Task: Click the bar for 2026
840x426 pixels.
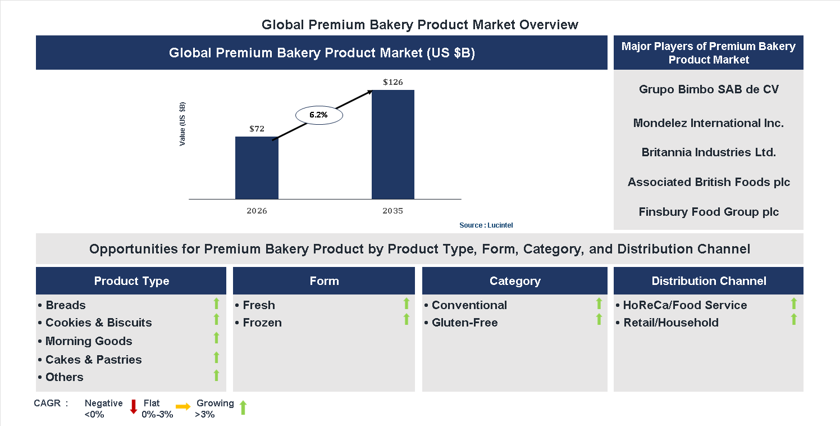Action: (x=257, y=167)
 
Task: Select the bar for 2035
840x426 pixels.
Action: (x=393, y=144)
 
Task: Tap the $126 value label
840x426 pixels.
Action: (x=393, y=82)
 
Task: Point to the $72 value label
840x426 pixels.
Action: (x=257, y=129)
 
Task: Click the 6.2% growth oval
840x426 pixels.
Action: (x=319, y=115)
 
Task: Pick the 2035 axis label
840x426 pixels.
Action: (x=393, y=211)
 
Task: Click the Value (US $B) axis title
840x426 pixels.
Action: (x=182, y=124)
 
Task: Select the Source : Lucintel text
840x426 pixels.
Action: (x=486, y=225)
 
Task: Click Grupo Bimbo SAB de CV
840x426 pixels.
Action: (x=709, y=89)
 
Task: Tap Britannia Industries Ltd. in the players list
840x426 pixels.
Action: (x=709, y=152)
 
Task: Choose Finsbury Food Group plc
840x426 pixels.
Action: (x=709, y=212)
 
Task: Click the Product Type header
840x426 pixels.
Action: (x=131, y=281)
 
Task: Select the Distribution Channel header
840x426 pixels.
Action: (x=709, y=281)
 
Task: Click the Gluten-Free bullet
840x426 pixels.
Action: (x=464, y=323)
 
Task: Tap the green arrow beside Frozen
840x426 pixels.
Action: (x=407, y=319)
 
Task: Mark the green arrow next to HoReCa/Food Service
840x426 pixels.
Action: (x=793, y=303)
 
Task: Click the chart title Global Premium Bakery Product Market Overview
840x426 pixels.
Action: (x=420, y=25)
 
